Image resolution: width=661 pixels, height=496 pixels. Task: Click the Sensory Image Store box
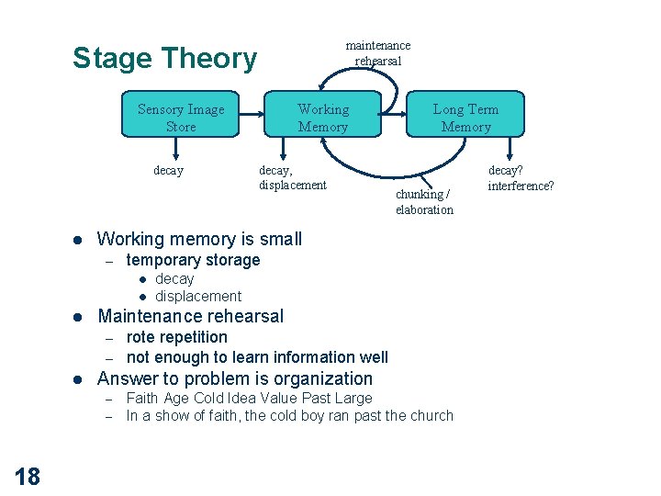(x=181, y=114)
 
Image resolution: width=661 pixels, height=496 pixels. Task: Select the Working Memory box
(x=322, y=114)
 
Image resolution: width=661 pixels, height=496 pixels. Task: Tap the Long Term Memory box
(x=465, y=114)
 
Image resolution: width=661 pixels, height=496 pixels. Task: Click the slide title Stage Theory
(x=165, y=58)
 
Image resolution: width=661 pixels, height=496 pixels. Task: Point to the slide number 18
(x=28, y=477)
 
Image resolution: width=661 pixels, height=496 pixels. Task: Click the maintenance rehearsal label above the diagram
(x=377, y=53)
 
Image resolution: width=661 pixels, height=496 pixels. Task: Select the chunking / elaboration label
(x=424, y=201)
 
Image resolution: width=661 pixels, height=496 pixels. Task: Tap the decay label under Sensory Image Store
(x=169, y=171)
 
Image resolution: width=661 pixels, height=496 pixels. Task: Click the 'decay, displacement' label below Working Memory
(x=293, y=177)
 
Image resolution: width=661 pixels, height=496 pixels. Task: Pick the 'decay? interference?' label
(x=521, y=177)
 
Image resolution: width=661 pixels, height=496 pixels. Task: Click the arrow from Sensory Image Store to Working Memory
(x=252, y=114)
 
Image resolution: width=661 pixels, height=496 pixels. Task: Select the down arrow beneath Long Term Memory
(x=510, y=149)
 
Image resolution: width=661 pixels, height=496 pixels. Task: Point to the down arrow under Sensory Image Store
(x=175, y=149)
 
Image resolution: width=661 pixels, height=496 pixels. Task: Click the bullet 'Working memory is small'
(x=199, y=239)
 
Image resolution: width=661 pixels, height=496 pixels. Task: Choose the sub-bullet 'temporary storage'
(x=193, y=260)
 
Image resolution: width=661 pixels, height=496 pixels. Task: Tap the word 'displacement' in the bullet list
(x=198, y=296)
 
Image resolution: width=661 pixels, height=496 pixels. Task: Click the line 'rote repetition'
(x=176, y=337)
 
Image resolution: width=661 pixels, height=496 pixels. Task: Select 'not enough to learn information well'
(x=257, y=357)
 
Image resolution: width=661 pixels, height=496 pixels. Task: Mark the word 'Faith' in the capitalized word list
(x=142, y=398)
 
